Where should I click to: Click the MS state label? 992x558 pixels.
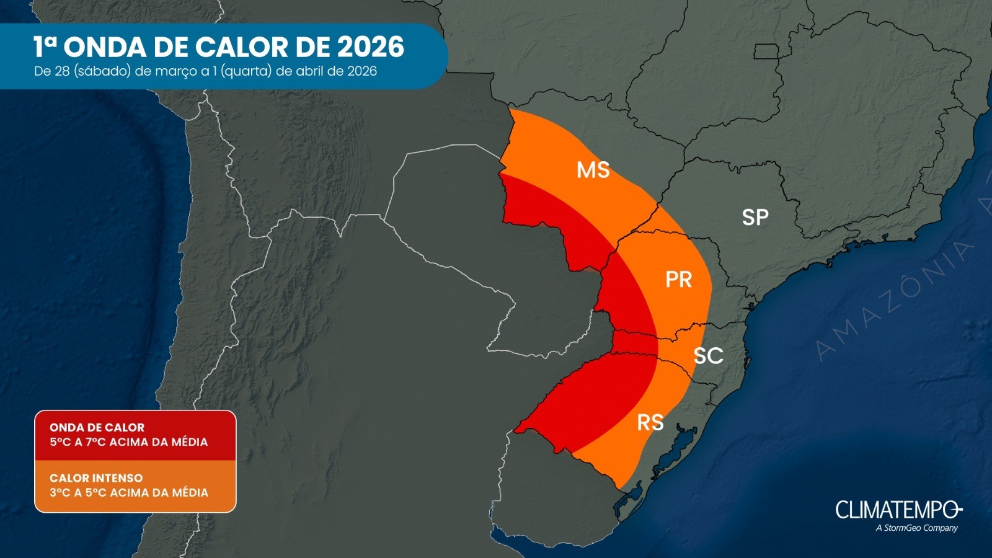click(x=593, y=170)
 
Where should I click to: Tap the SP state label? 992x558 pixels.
click(x=755, y=217)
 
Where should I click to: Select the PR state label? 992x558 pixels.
click(x=678, y=280)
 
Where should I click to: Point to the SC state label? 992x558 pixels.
click(x=708, y=356)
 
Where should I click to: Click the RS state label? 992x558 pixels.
click(x=650, y=423)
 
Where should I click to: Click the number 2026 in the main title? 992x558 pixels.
click(x=371, y=47)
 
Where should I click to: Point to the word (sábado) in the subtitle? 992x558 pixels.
click(x=102, y=71)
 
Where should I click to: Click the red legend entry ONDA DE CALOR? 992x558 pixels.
click(x=97, y=427)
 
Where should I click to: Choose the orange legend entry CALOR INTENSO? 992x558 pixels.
click(x=96, y=478)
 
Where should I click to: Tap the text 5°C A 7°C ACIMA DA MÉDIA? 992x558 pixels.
click(x=129, y=442)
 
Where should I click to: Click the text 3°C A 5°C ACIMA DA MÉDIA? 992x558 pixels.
click(x=129, y=493)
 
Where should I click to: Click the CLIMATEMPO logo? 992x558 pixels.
click(x=898, y=510)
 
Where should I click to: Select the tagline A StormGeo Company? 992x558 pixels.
click(x=917, y=528)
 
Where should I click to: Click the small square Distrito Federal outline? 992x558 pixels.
click(x=766, y=51)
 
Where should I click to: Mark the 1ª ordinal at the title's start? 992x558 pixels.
click(x=45, y=46)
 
